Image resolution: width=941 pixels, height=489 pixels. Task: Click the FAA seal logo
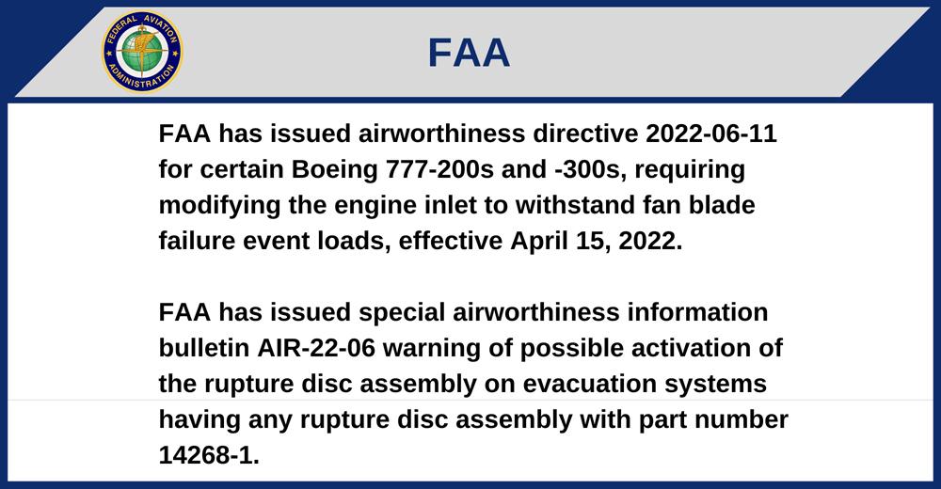point(142,52)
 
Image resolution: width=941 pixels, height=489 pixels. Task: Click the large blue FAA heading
point(469,53)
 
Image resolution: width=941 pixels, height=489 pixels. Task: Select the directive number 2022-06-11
point(711,134)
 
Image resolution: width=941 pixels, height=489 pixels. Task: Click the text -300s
point(590,169)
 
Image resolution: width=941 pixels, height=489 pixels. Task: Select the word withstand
point(575,205)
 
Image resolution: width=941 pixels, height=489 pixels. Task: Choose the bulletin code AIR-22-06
point(316,348)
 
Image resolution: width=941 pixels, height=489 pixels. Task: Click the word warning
point(432,349)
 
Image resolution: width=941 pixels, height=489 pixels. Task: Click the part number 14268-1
point(209,455)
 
